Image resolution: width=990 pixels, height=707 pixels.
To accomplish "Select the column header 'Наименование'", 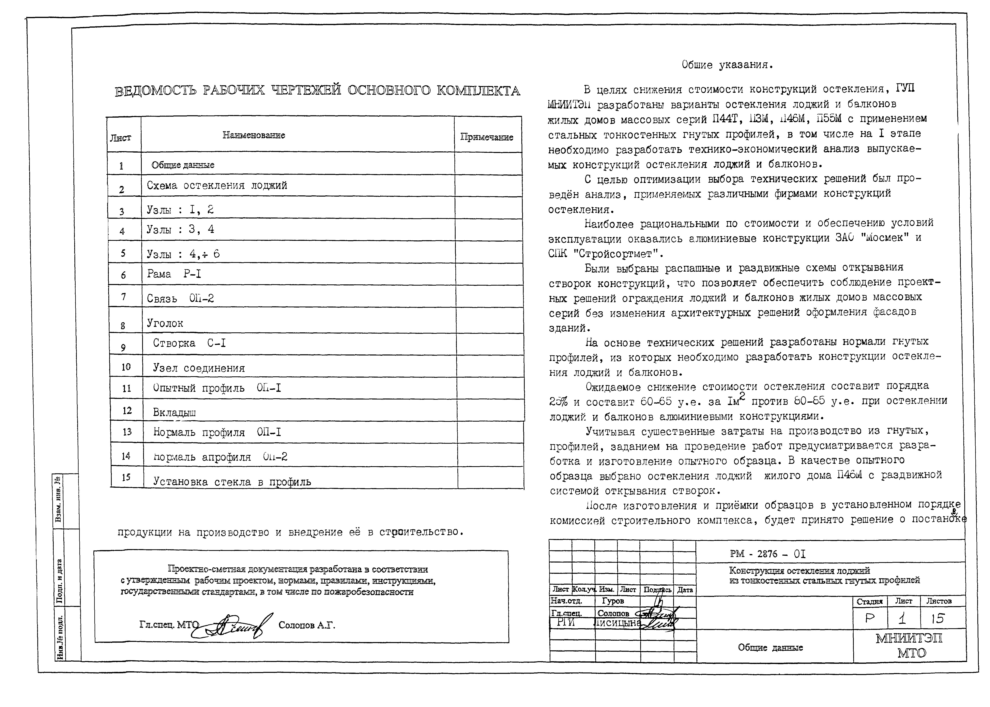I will [254, 135].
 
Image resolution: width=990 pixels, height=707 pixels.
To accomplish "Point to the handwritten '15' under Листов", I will [937, 619].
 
